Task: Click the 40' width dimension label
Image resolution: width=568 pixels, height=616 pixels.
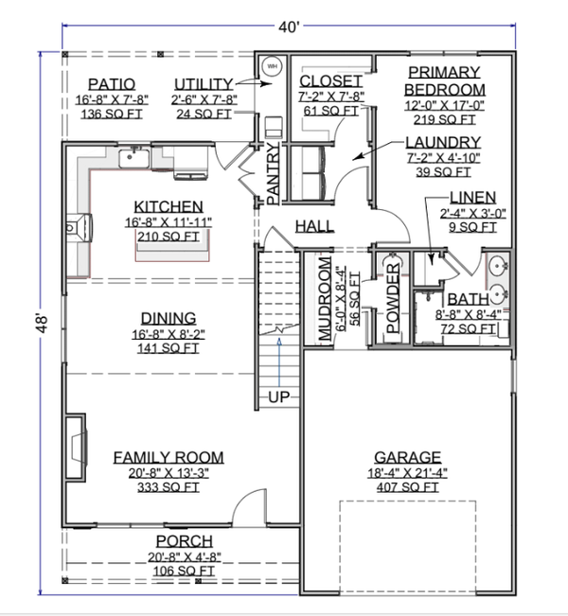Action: click(x=289, y=27)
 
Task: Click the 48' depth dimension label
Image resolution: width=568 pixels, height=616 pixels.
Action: click(x=42, y=323)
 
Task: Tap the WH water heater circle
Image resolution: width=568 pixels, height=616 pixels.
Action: click(x=272, y=66)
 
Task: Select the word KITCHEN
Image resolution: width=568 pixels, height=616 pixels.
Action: click(x=169, y=206)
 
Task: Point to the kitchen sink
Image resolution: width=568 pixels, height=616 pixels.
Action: click(x=134, y=159)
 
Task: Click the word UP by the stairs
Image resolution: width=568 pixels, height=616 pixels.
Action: click(x=278, y=397)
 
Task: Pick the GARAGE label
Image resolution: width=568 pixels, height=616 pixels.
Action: click(x=408, y=457)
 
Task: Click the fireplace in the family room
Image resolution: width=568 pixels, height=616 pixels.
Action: click(x=76, y=447)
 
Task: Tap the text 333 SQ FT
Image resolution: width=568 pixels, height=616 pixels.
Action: click(x=169, y=487)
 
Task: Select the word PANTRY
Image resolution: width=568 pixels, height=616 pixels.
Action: click(x=273, y=174)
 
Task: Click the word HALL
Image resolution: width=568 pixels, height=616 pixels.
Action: click(x=314, y=226)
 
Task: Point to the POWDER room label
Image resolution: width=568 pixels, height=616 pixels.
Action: click(x=393, y=298)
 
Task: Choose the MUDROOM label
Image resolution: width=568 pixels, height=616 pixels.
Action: click(x=325, y=299)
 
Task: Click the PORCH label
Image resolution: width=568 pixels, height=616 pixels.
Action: click(x=185, y=541)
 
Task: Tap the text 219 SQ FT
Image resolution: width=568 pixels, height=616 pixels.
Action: click(x=444, y=119)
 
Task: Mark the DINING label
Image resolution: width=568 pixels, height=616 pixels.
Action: click(x=169, y=318)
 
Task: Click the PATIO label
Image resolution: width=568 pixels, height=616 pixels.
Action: click(x=112, y=84)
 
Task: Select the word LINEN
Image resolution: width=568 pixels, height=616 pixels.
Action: click(x=473, y=197)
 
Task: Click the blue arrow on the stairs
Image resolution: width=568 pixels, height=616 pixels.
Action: click(x=279, y=362)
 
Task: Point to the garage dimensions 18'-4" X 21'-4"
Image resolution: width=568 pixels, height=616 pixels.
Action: click(x=408, y=473)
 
